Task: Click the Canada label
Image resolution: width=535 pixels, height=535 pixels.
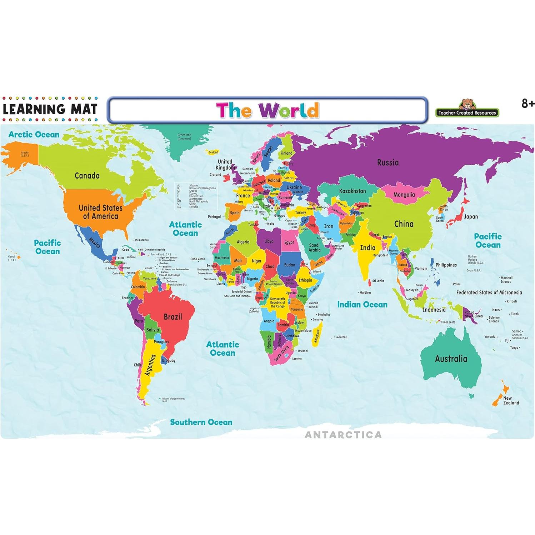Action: point(87,175)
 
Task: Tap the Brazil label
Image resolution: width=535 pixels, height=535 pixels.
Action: point(173,317)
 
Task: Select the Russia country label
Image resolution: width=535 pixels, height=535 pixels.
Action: point(388,162)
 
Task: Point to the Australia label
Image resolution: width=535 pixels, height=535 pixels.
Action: point(451,359)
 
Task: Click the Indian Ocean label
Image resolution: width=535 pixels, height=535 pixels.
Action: point(362,304)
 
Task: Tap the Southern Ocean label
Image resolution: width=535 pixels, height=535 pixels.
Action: point(201,422)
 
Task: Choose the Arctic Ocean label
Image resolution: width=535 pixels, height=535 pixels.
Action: point(34,135)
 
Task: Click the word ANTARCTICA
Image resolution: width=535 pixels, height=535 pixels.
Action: point(343,435)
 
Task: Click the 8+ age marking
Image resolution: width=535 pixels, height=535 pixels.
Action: point(528,104)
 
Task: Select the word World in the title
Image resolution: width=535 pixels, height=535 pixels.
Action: point(289,110)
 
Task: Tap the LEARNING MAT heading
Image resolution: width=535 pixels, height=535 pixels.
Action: point(50,109)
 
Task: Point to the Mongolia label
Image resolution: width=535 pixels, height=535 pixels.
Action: point(404,195)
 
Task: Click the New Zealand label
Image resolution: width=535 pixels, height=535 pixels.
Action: point(511,400)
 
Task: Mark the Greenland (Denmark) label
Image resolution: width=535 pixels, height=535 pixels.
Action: point(184,136)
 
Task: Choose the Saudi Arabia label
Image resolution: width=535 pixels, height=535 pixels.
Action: point(314,247)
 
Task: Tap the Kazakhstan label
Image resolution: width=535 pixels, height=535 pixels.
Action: point(352,191)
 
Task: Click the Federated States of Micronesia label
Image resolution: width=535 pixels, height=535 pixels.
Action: point(489,292)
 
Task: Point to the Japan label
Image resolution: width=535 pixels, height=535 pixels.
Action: point(471,216)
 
